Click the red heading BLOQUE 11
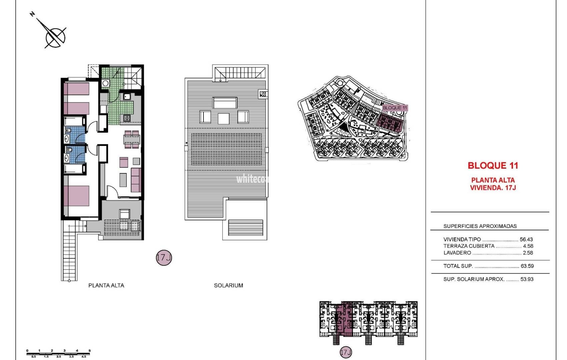point(493,165)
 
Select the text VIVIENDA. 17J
point(493,188)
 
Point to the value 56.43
point(526,239)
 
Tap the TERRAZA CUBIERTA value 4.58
point(528,246)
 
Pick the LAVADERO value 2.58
point(528,253)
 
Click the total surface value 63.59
point(527,266)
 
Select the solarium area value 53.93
point(527,279)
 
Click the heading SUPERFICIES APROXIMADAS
point(480,226)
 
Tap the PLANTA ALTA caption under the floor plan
point(106,285)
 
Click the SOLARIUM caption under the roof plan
point(228,285)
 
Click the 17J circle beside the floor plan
point(164,258)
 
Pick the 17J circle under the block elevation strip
point(346,352)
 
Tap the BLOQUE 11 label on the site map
point(395,108)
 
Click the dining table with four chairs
point(132,139)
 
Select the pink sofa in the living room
point(136,180)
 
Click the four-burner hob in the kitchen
point(127,118)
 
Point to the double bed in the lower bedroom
point(76,196)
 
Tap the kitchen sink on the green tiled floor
point(127,96)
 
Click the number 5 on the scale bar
point(90,351)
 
